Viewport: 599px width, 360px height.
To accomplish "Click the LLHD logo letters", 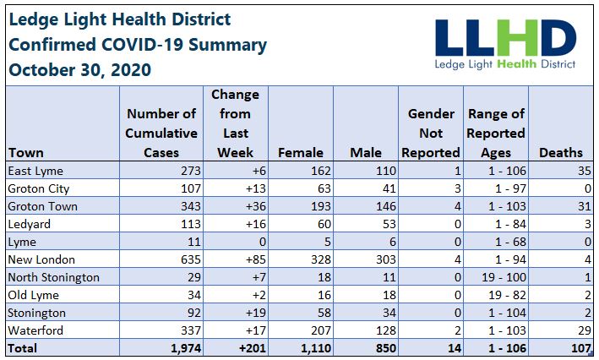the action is pos(506,38).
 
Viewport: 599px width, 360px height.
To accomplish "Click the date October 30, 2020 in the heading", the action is pos(80,70).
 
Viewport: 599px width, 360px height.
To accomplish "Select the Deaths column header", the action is pos(561,152).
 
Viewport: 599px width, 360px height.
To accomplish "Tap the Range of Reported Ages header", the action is pos(496,133).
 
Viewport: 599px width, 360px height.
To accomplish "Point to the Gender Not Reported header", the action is pos(431,133).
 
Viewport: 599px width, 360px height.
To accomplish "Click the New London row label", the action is pos(41,259).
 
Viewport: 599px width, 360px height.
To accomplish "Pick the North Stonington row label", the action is pos(53,277).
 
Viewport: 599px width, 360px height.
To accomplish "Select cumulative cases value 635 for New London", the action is pos(191,259).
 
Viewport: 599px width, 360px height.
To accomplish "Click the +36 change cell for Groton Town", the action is pos(256,206).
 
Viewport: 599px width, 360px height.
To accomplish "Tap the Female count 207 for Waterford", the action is pos(321,330).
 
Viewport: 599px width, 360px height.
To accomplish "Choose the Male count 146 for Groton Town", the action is pos(386,206).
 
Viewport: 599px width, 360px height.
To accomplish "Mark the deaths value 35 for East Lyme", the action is pos(585,171).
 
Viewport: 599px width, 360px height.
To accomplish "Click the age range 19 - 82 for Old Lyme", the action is pos(504,295).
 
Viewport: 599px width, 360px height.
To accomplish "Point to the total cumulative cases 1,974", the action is pos(186,348).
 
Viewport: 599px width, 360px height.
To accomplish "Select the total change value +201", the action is pos(252,348).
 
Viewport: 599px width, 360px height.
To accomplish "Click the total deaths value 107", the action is pos(581,348).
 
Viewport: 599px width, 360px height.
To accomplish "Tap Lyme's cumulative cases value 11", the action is pos(194,242).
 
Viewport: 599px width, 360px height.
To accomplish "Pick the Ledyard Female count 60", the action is pos(324,224).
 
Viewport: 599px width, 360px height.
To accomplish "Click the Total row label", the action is pos(23,348).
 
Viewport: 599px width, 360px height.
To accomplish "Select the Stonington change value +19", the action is pos(256,313).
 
